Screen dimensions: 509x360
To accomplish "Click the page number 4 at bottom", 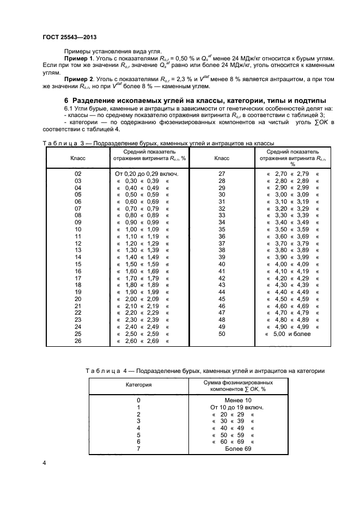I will pos(44,463).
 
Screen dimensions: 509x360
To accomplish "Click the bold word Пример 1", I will pos(79,58).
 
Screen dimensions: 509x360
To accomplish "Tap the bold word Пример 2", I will pos(79,79).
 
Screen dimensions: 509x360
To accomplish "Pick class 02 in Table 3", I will pos(77,173).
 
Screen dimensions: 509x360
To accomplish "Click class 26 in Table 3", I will pos(77,341).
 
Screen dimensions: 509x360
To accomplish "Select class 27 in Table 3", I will pos(222,173).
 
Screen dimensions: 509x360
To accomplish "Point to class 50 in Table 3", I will pos(222,334).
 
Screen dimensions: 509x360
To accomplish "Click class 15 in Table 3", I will pos(77,264).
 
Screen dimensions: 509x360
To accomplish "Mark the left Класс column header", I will pos(77,158).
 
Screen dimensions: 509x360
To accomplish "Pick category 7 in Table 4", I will pos(138,449).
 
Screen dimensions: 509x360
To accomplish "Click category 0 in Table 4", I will pos(138,400).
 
